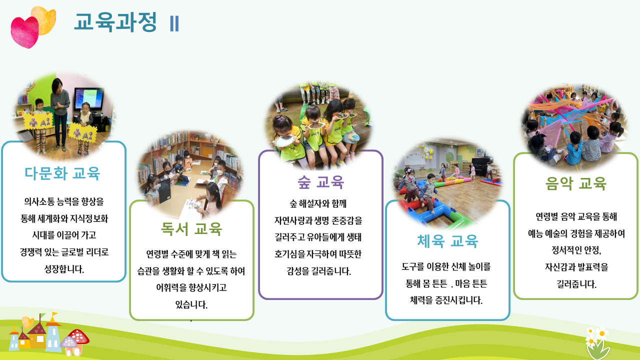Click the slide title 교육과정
point(115,22)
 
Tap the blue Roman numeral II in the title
point(174,23)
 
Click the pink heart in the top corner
point(24,32)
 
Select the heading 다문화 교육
point(62,173)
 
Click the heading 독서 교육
point(191,228)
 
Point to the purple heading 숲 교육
point(320,182)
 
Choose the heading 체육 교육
point(447,241)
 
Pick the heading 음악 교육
point(575,183)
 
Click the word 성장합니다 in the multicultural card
point(64,269)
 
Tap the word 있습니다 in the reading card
point(191,304)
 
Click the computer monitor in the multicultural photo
point(89,99)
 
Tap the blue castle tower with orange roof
point(53,335)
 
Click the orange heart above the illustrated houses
point(27,322)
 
